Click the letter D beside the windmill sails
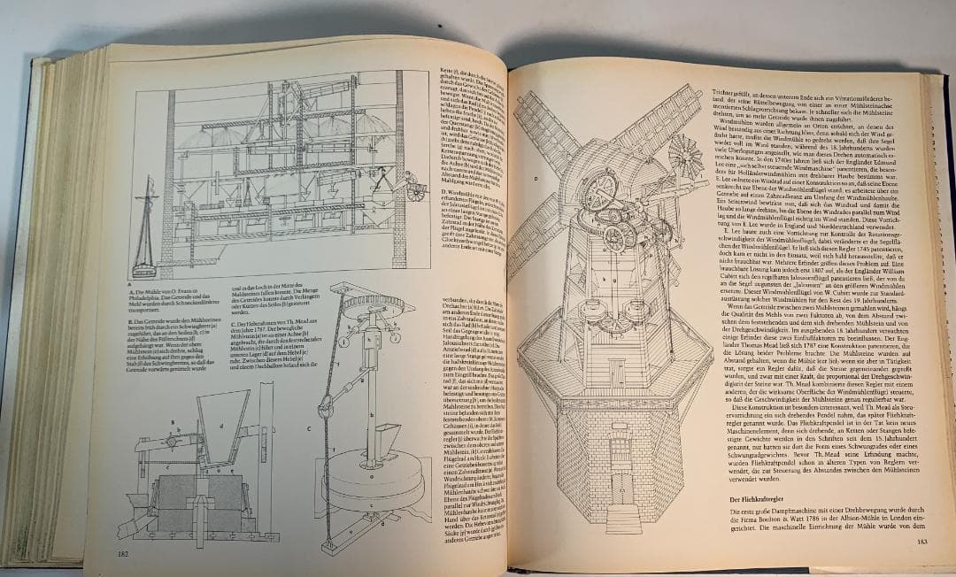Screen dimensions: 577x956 point(536,177)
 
